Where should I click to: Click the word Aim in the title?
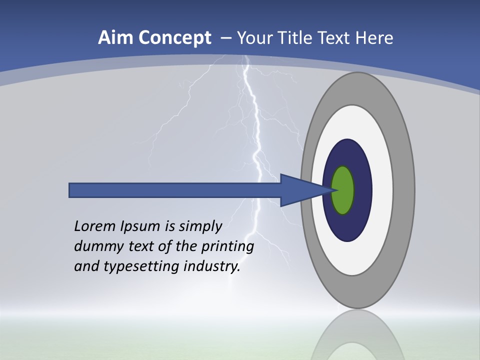click(116, 38)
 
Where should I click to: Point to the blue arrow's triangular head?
click(300, 190)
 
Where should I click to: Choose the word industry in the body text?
click(212, 267)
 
